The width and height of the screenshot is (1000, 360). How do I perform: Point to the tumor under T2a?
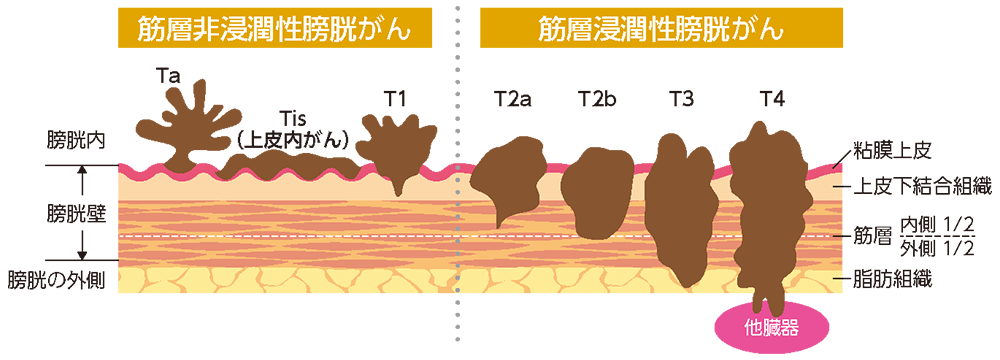click(510, 180)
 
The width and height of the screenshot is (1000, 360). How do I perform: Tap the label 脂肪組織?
click(893, 280)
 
